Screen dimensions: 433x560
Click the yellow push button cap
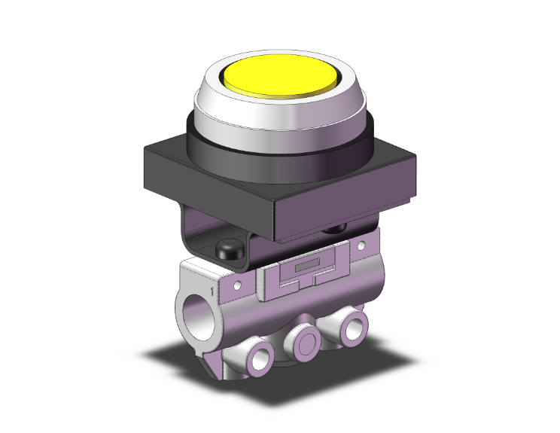281,76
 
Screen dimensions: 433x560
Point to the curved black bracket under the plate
197,238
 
